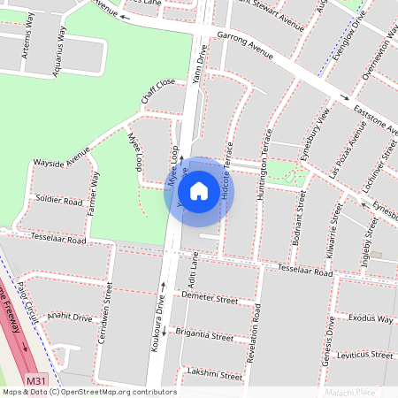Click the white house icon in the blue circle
click(199, 190)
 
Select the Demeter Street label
click(209, 300)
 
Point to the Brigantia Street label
click(204, 336)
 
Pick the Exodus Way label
click(370, 318)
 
